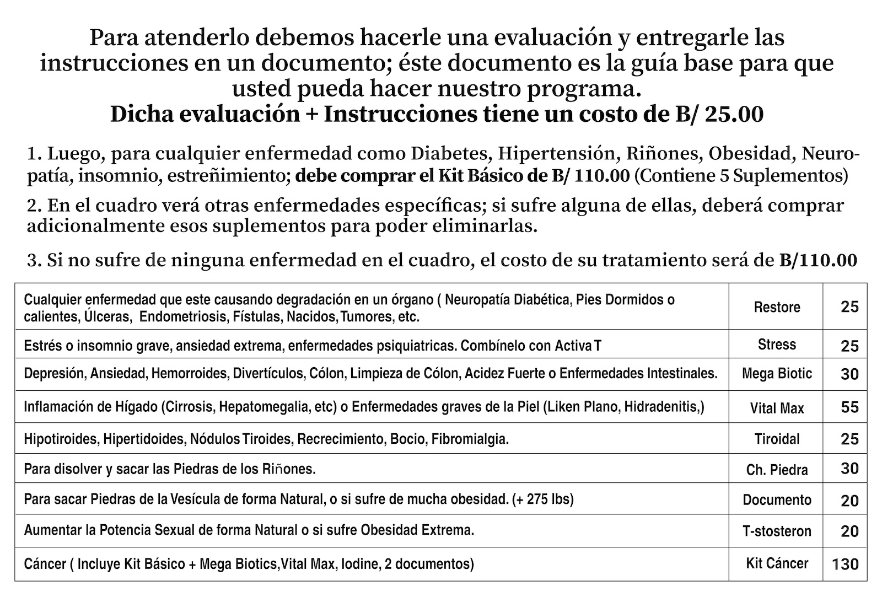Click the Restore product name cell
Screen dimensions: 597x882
pyautogui.click(x=777, y=307)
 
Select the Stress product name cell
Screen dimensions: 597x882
pyautogui.click(x=777, y=345)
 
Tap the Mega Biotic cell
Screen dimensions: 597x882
pyautogui.click(x=777, y=374)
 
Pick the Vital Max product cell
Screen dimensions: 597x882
pyautogui.click(x=777, y=408)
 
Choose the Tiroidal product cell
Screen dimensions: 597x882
pyautogui.click(x=777, y=439)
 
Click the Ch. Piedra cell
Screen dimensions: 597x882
pyautogui.click(x=777, y=470)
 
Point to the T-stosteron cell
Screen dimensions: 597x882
pyautogui.click(x=777, y=531)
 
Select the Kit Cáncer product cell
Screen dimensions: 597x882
pyautogui.click(x=777, y=563)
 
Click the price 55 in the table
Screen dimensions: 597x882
pyautogui.click(x=849, y=407)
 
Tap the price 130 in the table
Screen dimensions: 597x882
pyautogui.click(x=846, y=564)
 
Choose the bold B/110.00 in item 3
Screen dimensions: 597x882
pyautogui.click(x=818, y=260)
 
